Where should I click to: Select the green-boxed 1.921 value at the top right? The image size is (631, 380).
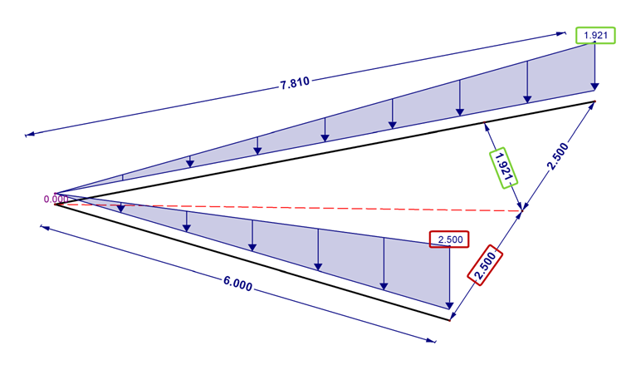(594, 35)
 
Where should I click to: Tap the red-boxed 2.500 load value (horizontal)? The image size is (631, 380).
(449, 239)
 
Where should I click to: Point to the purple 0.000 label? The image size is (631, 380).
(56, 199)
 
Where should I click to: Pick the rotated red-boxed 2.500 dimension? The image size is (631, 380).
(486, 265)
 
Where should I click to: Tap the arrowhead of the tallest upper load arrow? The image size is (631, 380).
(594, 87)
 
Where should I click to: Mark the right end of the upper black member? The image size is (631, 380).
(595, 101)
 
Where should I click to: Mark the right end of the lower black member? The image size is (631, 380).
(449, 319)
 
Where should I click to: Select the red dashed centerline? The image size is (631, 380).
(291, 206)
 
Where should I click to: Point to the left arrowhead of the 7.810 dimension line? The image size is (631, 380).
(28, 134)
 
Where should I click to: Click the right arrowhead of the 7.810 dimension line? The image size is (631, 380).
(563, 33)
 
